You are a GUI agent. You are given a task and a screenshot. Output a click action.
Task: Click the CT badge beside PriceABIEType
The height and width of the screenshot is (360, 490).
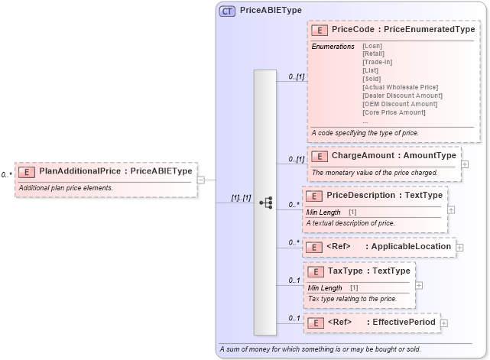coord(228,11)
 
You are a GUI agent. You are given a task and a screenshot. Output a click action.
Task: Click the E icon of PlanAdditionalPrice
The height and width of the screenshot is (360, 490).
coord(27,171)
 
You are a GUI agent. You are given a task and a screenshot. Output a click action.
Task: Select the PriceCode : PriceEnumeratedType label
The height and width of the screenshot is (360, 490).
coord(403,29)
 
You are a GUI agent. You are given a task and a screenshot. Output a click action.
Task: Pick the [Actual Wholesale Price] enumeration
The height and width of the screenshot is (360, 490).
coord(401,87)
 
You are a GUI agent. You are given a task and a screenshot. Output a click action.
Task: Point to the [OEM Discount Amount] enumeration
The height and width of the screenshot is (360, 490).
coord(399,104)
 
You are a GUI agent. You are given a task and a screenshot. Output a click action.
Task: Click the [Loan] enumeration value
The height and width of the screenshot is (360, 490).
coord(372,46)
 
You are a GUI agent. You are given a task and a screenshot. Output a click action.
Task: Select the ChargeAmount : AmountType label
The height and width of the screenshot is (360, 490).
coord(393,155)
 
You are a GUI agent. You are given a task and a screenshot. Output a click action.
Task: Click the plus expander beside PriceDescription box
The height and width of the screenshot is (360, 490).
coord(451,209)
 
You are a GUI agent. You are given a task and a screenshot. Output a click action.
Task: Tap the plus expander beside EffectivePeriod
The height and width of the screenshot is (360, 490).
coord(444,323)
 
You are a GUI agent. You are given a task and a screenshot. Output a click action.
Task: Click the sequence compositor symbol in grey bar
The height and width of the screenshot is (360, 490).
coord(266,203)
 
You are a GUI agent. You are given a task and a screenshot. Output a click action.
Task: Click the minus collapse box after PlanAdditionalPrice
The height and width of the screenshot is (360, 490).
coord(201,180)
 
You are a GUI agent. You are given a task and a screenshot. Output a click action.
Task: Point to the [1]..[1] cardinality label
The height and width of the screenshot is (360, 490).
coord(242,197)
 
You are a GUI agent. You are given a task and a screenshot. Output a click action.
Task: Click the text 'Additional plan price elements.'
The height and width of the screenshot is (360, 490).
coord(66,188)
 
